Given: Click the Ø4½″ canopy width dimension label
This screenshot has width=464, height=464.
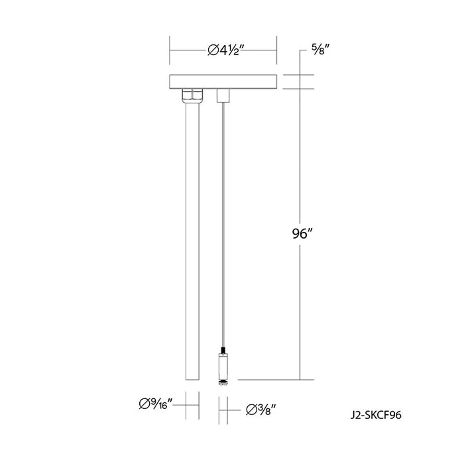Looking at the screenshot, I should (x=223, y=49).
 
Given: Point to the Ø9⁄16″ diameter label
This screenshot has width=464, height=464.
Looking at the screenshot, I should (x=156, y=402).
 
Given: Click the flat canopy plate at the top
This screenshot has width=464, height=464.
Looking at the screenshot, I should (x=223, y=82).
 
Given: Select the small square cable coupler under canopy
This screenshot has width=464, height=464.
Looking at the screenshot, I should (x=223, y=95).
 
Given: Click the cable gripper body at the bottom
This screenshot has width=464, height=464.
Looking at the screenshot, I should (x=223, y=365).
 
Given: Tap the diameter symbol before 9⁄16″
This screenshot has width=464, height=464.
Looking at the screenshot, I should (x=143, y=402).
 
